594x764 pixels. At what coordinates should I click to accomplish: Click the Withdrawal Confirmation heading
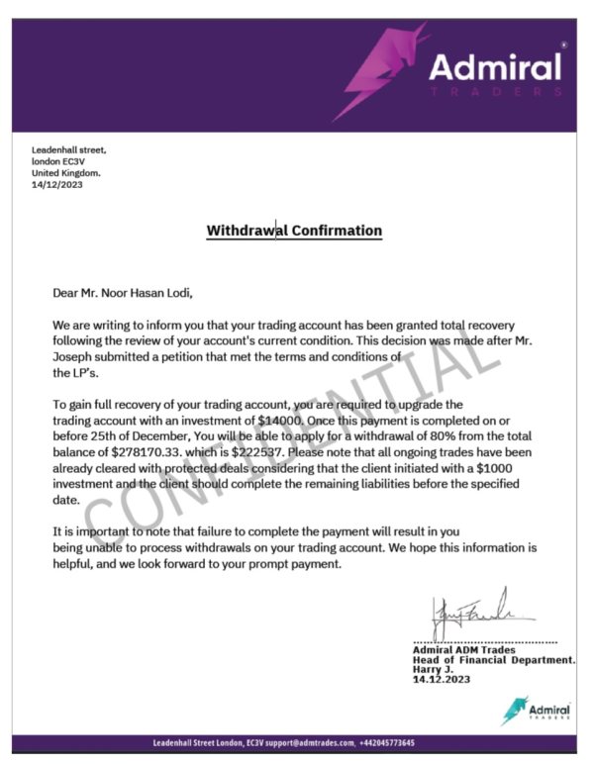point(294,231)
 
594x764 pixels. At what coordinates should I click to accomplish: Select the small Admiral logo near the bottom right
point(537,711)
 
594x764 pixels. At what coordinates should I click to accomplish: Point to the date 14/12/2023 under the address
point(56,184)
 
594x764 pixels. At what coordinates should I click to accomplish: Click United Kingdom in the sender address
point(66,172)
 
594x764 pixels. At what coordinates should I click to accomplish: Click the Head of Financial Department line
point(494,659)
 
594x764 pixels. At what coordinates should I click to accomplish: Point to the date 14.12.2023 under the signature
point(442,680)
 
